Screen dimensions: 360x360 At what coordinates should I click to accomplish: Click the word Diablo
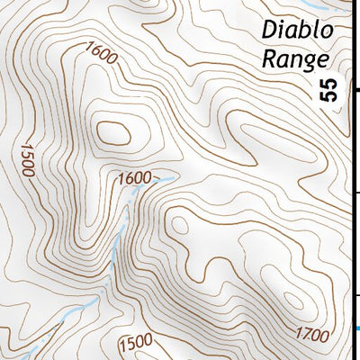click(297, 31)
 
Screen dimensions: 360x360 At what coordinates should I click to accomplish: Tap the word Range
click(294, 59)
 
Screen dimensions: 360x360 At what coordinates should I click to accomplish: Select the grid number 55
click(330, 89)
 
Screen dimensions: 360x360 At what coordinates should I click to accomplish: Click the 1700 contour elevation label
click(310, 337)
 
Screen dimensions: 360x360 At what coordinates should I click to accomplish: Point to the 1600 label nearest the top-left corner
click(103, 55)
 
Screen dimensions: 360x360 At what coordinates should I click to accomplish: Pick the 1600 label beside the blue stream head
click(133, 178)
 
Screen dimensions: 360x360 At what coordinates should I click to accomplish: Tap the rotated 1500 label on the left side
click(27, 158)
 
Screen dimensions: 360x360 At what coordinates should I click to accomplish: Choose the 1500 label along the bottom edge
click(135, 342)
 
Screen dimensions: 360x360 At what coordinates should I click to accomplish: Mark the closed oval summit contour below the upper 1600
click(114, 132)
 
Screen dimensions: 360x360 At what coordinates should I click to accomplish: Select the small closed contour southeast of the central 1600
click(178, 225)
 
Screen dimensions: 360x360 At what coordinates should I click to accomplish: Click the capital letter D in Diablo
click(269, 31)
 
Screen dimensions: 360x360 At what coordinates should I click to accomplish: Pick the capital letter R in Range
click(270, 59)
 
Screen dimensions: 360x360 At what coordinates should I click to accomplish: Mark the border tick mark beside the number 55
click(355, 90)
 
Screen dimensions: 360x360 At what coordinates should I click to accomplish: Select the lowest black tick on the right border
click(355, 295)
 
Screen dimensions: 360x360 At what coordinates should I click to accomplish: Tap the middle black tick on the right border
click(355, 193)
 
